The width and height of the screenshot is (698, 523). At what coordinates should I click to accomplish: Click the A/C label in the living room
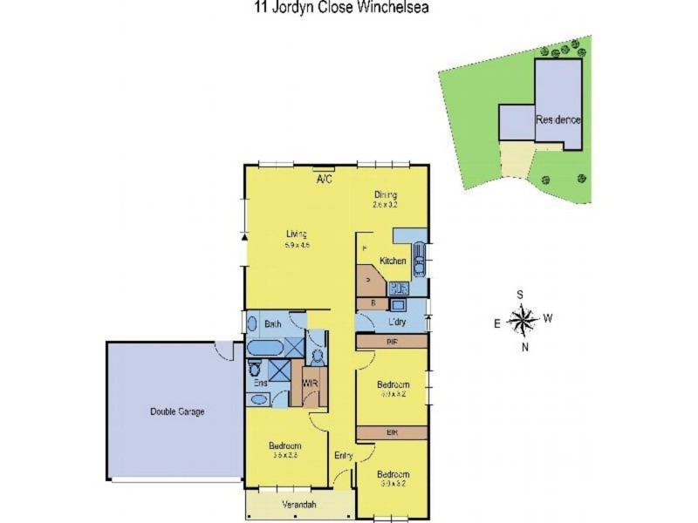click(325, 179)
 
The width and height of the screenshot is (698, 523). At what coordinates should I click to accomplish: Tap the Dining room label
click(386, 195)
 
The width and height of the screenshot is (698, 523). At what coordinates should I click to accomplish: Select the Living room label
click(297, 234)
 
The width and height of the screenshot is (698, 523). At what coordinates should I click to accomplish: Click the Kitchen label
click(393, 261)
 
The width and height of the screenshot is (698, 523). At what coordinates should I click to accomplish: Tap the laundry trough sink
click(397, 305)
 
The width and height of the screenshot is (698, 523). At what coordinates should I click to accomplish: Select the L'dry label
click(397, 323)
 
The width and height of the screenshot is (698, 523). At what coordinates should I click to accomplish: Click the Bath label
click(272, 324)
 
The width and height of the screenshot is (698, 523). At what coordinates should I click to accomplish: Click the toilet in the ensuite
click(254, 369)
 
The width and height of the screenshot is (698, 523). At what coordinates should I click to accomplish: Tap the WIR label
click(310, 383)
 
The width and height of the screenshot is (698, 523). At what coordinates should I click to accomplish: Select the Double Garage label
click(177, 411)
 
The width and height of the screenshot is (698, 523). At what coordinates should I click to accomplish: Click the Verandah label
click(298, 505)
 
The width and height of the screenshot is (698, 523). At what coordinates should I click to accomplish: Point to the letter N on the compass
click(525, 348)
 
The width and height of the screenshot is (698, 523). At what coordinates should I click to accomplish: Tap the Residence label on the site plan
click(558, 119)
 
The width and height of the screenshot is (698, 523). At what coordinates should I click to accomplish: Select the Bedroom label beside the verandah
click(284, 445)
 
